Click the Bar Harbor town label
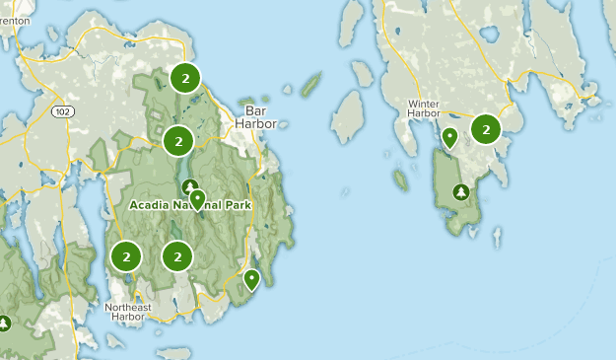(x=256, y=117)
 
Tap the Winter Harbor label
(x=423, y=108)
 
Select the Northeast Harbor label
(x=129, y=313)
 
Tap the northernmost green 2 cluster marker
(x=183, y=78)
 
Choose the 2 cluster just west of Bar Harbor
(x=178, y=141)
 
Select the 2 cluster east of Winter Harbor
(x=486, y=128)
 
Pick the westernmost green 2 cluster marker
(x=126, y=256)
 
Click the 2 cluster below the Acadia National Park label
(x=177, y=256)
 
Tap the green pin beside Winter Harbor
(x=449, y=137)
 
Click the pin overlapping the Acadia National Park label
(x=198, y=200)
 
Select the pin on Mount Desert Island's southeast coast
(x=251, y=279)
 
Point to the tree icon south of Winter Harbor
(x=459, y=192)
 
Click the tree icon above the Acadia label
(x=189, y=186)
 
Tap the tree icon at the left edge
(x=4, y=323)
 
